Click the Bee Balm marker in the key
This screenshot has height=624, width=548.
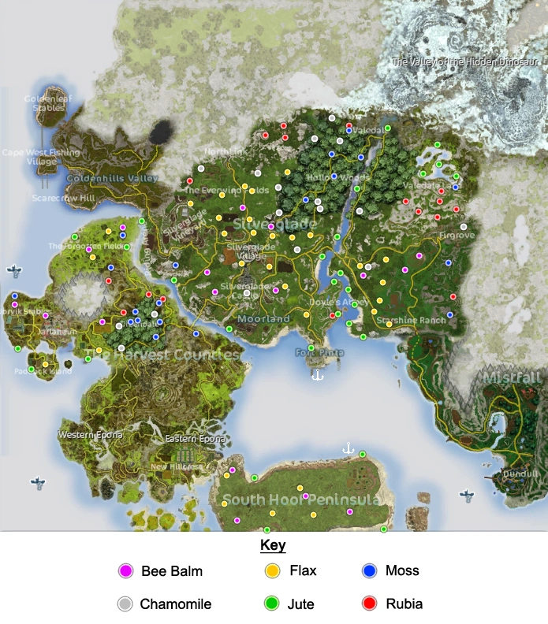[125, 571]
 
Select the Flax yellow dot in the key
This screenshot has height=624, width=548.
[273, 571]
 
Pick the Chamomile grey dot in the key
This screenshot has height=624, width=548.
[125, 604]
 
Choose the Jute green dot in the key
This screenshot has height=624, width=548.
[273, 604]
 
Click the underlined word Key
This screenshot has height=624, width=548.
[273, 545]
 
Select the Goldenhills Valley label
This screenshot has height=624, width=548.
[112, 179]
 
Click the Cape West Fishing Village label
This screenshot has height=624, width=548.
[41, 157]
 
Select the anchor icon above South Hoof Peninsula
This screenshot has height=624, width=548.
[348, 448]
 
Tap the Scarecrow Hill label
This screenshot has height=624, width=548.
[63, 199]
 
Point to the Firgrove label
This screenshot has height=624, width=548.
[457, 235]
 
